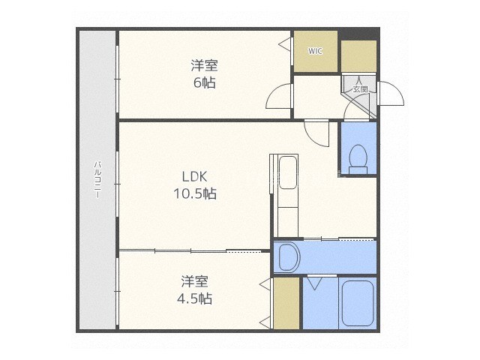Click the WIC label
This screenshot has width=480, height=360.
(x=315, y=51)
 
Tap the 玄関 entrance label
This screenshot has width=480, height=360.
(x=360, y=89)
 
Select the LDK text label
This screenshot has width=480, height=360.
(x=195, y=177)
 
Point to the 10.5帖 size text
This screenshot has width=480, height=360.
(x=195, y=193)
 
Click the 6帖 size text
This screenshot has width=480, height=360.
(x=205, y=82)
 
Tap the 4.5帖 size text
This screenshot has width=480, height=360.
(x=195, y=298)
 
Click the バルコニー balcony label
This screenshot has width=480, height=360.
(x=97, y=179)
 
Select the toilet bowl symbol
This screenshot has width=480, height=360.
(x=358, y=159)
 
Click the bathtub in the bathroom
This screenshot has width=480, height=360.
(x=358, y=303)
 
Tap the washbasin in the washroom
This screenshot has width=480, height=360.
(x=289, y=257)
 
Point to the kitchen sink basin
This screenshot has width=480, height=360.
(x=288, y=172)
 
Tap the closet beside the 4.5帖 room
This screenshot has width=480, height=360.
(x=286, y=303)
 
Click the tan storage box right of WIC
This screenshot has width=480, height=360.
(x=358, y=56)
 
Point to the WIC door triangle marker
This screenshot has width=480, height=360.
(x=284, y=43)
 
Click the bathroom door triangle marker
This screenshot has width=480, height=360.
(x=313, y=283)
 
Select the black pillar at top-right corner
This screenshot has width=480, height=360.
(x=358, y=34)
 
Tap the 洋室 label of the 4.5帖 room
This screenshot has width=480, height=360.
(x=195, y=281)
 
